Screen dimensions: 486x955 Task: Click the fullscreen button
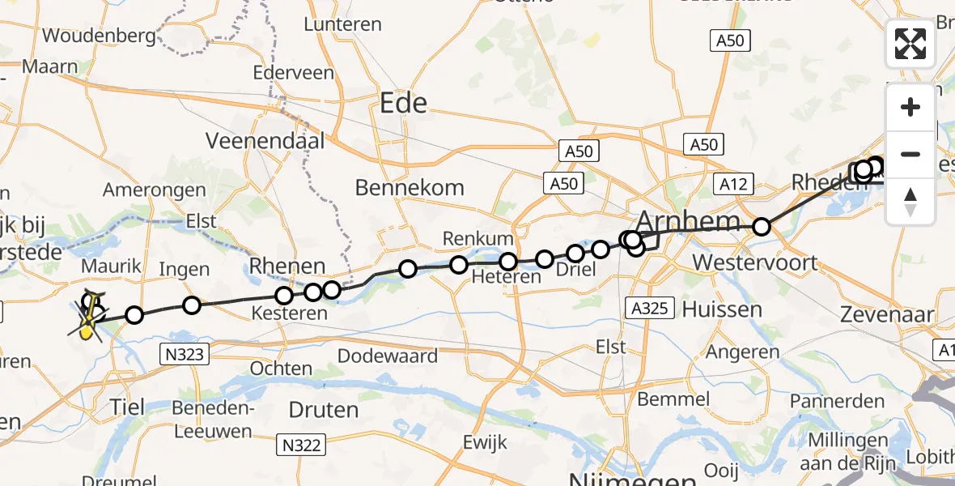tap(910, 44)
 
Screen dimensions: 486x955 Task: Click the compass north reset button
tap(910, 202)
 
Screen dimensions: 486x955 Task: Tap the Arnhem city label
tap(688, 220)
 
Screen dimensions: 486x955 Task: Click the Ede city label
tap(404, 103)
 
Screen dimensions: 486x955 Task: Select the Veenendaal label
tap(265, 141)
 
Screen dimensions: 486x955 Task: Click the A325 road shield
tap(649, 308)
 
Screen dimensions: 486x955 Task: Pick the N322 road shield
tap(302, 444)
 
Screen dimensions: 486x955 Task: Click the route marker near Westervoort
tap(761, 227)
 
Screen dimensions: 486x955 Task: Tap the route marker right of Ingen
tap(192, 305)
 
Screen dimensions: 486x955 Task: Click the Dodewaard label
tap(388, 356)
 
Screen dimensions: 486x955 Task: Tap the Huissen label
tap(722, 309)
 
